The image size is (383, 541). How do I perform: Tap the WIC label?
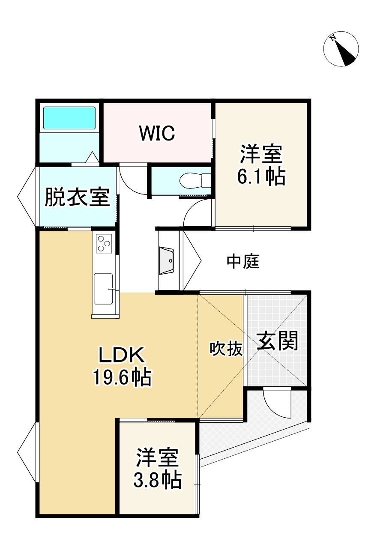pyautogui.click(x=157, y=133)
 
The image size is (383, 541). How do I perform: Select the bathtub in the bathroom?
pyautogui.click(x=69, y=117)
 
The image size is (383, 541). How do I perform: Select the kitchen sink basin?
pyautogui.click(x=104, y=289)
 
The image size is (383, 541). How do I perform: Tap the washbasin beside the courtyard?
pyautogui.click(x=167, y=260)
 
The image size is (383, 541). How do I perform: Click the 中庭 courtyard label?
pyautogui.click(x=243, y=261)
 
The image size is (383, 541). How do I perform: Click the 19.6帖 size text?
pyautogui.click(x=121, y=378)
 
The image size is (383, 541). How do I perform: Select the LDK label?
pyautogui.click(x=123, y=355)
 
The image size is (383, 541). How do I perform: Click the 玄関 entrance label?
pyautogui.click(x=277, y=341)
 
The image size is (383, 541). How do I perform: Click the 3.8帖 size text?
pyautogui.click(x=157, y=481)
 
